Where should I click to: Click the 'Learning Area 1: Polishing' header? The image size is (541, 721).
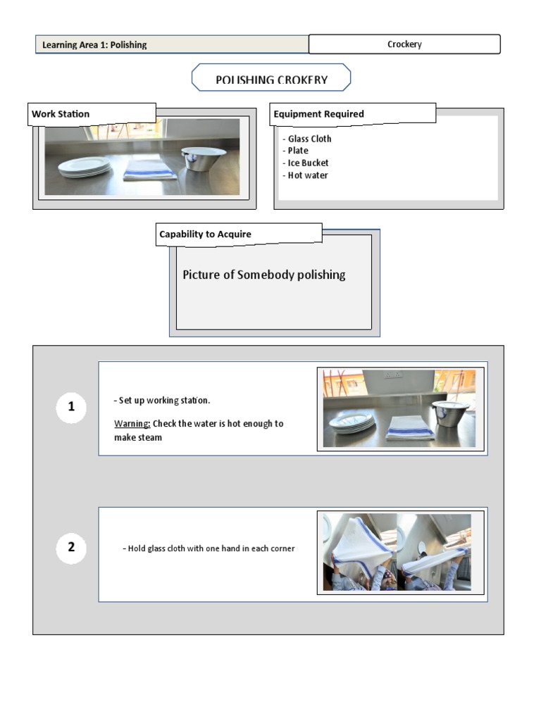click(94, 45)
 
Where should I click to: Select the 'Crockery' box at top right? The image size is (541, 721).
click(404, 44)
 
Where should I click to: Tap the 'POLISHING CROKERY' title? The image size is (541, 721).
click(271, 80)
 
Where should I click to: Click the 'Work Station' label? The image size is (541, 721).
click(61, 113)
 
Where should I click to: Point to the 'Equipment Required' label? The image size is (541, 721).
click(318, 113)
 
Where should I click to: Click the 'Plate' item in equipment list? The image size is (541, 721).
click(298, 151)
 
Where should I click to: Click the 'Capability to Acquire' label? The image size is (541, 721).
click(205, 234)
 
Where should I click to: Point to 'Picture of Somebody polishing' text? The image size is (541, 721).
click(263, 275)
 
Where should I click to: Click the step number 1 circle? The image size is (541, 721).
click(71, 407)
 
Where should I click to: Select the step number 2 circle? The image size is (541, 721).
click(71, 547)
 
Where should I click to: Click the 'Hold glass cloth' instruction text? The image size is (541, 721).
click(209, 548)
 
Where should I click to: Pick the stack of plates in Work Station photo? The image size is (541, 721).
click(84, 167)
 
